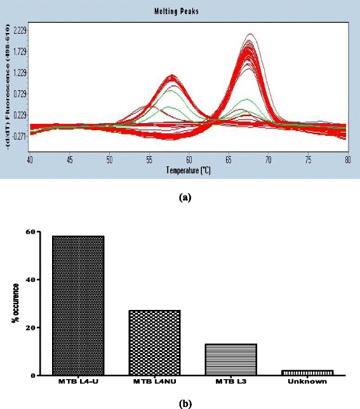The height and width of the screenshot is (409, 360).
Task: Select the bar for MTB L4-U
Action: [x=79, y=305]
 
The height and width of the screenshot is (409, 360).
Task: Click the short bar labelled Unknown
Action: [x=307, y=372]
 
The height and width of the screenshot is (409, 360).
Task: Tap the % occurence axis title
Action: [x=14, y=304]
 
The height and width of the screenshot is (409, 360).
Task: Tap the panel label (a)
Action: [x=185, y=198]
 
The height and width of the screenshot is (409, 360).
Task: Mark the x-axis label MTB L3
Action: [x=230, y=382]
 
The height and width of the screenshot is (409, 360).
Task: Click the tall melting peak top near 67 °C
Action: [x=250, y=35]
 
